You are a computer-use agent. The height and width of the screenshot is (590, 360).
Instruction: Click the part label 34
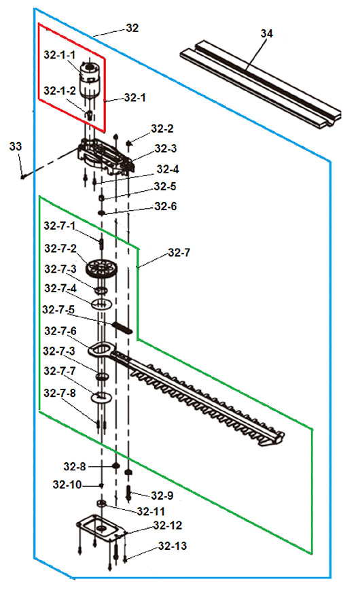[266, 33]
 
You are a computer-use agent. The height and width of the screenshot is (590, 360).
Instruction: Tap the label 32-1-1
[60, 55]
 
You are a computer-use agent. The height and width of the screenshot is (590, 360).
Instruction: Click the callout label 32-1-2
[60, 90]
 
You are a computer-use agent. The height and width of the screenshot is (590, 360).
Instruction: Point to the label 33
[16, 146]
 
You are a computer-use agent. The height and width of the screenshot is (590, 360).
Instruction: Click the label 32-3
[166, 149]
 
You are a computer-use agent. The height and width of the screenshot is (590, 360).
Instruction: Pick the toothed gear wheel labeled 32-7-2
[102, 268]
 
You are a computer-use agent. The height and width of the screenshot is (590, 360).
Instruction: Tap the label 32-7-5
[58, 310]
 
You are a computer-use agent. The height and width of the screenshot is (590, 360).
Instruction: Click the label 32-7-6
[60, 331]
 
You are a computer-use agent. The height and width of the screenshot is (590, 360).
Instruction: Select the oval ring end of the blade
[100, 350]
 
